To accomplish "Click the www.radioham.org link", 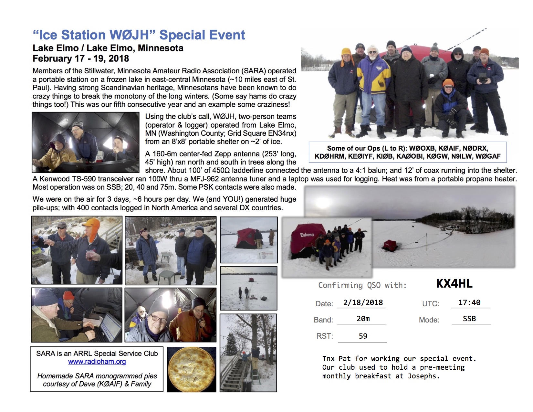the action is coord(97,362).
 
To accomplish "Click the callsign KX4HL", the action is coord(454,283).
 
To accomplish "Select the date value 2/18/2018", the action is coord(363,302).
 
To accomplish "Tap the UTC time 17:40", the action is coord(469,302).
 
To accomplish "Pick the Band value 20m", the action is coord(363,319).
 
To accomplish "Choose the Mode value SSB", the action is coord(469,319).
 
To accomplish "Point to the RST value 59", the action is coord(363,336).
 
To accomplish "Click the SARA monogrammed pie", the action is coord(192,369).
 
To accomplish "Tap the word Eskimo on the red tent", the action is coord(307,235).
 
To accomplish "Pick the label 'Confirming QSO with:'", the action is coord(362,285).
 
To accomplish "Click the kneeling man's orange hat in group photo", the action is coord(448,82).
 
